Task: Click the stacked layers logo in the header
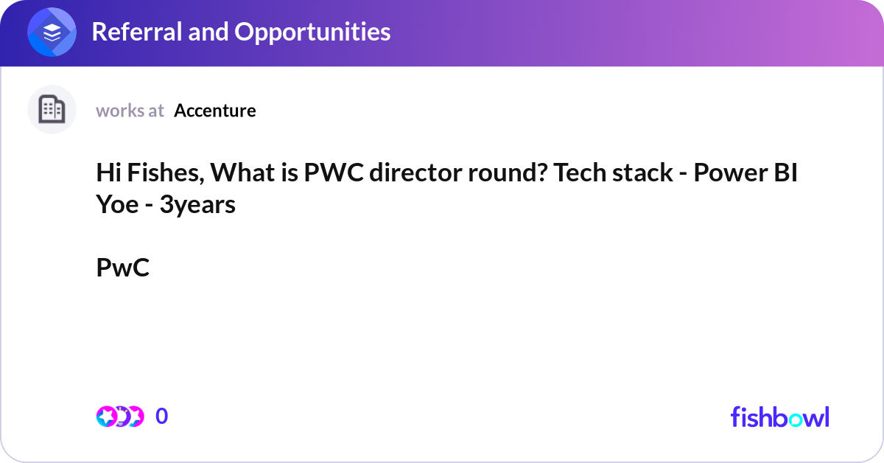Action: pyautogui.click(x=52, y=33)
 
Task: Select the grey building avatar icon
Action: pyautogui.click(x=52, y=110)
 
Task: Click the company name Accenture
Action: pyautogui.click(x=215, y=111)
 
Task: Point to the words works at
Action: pyautogui.click(x=130, y=111)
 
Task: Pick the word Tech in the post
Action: pyautogui.click(x=580, y=174)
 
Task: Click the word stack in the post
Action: pyautogui.click(x=642, y=174)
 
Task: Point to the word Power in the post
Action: pyautogui.click(x=729, y=174)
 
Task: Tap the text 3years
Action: pyautogui.click(x=197, y=204)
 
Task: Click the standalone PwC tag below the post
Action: pyautogui.click(x=122, y=268)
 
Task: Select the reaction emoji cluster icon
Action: pyautogui.click(x=119, y=417)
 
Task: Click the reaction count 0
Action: pyautogui.click(x=161, y=417)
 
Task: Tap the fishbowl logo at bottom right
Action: pyautogui.click(x=779, y=417)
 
